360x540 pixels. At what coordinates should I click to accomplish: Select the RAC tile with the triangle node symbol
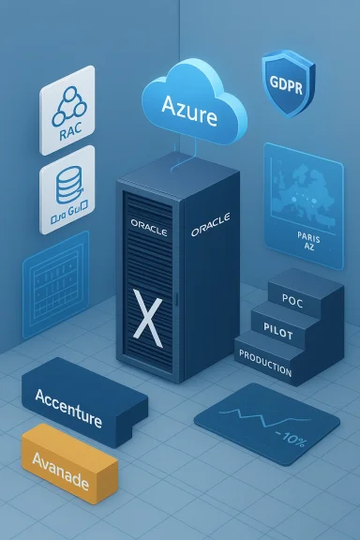pos(67,111)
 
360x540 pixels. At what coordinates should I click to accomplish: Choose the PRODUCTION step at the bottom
pos(265,357)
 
